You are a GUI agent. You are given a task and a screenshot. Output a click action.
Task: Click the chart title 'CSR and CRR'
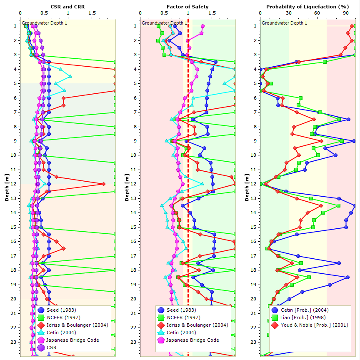click(x=68, y=7)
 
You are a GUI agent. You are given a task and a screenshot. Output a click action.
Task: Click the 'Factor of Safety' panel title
click(x=187, y=7)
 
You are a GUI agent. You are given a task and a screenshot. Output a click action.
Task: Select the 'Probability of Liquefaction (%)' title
click(x=307, y=7)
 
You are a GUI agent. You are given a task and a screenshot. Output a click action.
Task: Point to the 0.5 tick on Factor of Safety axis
click(x=164, y=13)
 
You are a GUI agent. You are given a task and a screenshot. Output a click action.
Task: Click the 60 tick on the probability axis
click(x=317, y=13)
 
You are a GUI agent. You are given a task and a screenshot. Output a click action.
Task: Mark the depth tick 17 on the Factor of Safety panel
click(x=133, y=256)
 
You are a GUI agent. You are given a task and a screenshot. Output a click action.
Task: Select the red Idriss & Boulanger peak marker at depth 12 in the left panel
click(x=103, y=184)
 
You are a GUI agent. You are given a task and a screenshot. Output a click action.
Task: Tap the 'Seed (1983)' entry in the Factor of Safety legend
click(x=181, y=310)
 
